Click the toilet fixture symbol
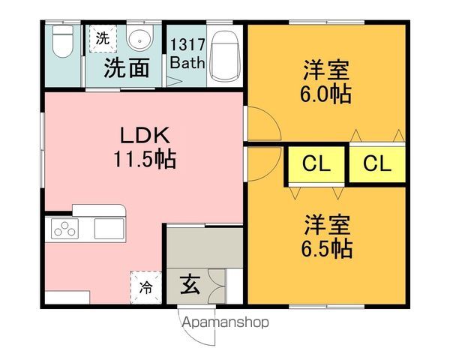click(x=63, y=41)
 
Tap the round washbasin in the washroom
click(x=139, y=39)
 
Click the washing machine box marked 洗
click(x=103, y=38)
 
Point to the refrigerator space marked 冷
click(x=146, y=287)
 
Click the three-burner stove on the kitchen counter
click(x=64, y=229)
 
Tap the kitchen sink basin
click(x=109, y=229)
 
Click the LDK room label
click(x=145, y=136)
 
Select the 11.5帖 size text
click(x=145, y=159)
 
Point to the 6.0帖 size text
click(x=325, y=94)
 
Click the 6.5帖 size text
click(x=326, y=248)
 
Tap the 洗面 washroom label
click(x=127, y=67)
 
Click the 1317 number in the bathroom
click(x=187, y=44)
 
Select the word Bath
click(x=187, y=62)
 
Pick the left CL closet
click(x=316, y=164)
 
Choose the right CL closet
click(x=377, y=164)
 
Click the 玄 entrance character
click(x=190, y=285)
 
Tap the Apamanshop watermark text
click(x=226, y=322)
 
